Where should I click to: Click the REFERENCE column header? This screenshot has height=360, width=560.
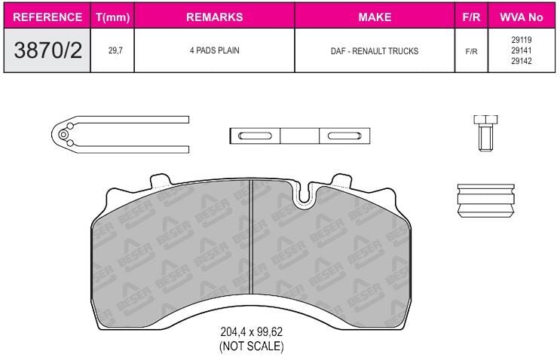tap(47, 17)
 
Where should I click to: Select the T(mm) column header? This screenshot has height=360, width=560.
tap(112, 17)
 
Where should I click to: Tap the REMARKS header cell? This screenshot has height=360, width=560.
tap(214, 17)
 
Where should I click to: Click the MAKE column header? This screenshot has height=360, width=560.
tap(375, 17)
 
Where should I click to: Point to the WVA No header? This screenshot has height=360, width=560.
tap(521, 17)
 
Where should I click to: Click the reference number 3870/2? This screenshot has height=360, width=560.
tap(47, 50)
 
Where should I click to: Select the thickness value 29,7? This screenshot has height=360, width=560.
tap(115, 50)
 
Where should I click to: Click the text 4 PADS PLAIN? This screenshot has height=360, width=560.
tap(214, 50)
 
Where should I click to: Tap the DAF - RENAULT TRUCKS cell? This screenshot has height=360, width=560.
tap(375, 51)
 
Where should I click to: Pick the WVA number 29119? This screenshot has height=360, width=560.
tap(521, 40)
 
